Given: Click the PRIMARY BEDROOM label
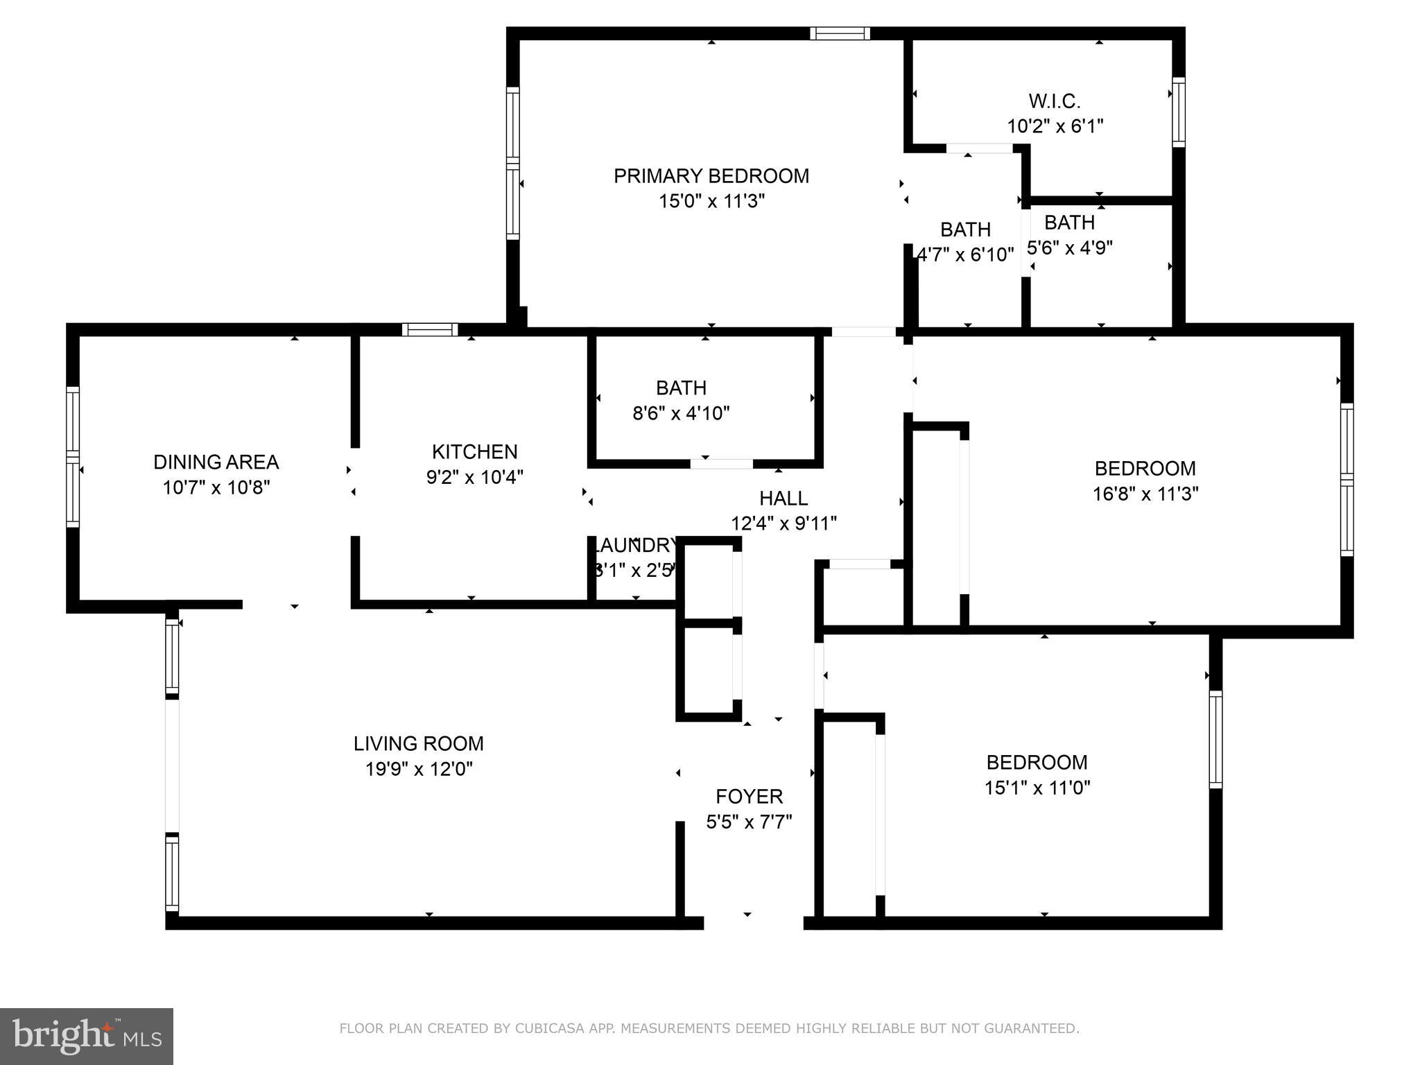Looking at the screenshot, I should tap(711, 176).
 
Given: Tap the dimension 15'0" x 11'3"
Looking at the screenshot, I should tap(711, 202).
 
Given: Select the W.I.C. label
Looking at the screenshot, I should tap(1054, 101).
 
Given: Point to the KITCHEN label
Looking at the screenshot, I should tap(474, 452).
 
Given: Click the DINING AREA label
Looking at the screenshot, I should tap(216, 462).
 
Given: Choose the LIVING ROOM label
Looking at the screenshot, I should tap(418, 744).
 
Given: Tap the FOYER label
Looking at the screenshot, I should tap(749, 796).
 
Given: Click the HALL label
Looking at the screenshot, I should tap(783, 499).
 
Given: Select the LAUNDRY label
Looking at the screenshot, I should tap(636, 545).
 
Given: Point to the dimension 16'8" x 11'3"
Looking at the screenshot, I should tap(1145, 494).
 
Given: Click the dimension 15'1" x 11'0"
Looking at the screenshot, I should tap(1037, 788).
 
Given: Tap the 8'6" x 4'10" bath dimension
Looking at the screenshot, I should tap(681, 414).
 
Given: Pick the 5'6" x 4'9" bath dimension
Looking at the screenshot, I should tap(1069, 248).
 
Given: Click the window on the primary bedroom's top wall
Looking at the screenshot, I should tap(840, 33).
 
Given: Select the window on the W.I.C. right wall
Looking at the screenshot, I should tap(1178, 112).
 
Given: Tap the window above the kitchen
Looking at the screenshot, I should tap(430, 329).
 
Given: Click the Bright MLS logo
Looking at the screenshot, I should tap(86, 1036).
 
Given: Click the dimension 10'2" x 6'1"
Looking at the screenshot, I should tap(1054, 127).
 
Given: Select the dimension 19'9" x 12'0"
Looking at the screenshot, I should tap(418, 770).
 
